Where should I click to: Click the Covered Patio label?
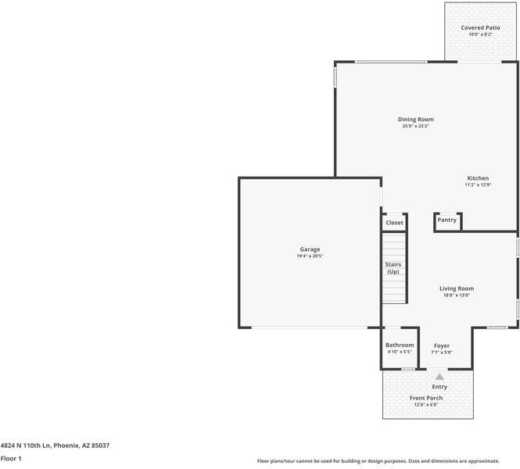click(x=480, y=28)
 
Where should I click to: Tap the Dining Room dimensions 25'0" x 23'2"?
click(x=415, y=126)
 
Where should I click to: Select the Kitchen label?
click(x=478, y=178)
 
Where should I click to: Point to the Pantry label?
click(x=446, y=220)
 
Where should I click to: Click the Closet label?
click(x=394, y=223)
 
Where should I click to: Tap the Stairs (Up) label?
click(x=393, y=268)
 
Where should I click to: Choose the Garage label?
click(x=310, y=249)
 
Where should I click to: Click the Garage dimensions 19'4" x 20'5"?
click(x=310, y=256)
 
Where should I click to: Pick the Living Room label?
click(x=457, y=288)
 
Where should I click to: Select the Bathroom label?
click(x=400, y=345)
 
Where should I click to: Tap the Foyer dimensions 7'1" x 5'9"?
click(x=441, y=353)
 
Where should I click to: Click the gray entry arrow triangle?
click(x=439, y=377)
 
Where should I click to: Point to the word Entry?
click(x=439, y=387)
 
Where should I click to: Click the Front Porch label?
click(x=426, y=398)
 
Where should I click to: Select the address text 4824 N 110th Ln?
click(x=25, y=446)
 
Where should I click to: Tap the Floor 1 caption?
click(x=11, y=459)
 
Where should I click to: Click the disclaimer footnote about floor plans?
click(x=378, y=461)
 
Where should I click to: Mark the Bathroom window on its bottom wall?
click(x=408, y=369)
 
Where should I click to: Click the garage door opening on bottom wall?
click(x=310, y=328)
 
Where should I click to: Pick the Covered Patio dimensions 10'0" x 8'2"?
click(x=480, y=34)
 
